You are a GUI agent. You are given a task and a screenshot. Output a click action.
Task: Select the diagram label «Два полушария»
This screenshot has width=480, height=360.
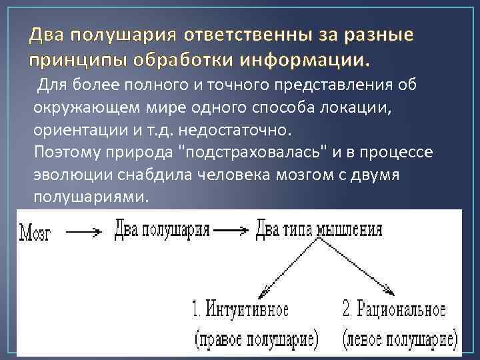pyautogui.click(x=163, y=231)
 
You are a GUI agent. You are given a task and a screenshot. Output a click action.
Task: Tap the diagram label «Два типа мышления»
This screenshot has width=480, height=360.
pyautogui.click(x=319, y=230)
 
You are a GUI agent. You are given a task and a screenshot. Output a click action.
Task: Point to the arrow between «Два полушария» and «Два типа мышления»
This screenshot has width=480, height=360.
pyautogui.click(x=232, y=231)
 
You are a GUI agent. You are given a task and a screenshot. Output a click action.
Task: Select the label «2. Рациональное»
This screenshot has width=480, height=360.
pyautogui.click(x=394, y=310)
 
